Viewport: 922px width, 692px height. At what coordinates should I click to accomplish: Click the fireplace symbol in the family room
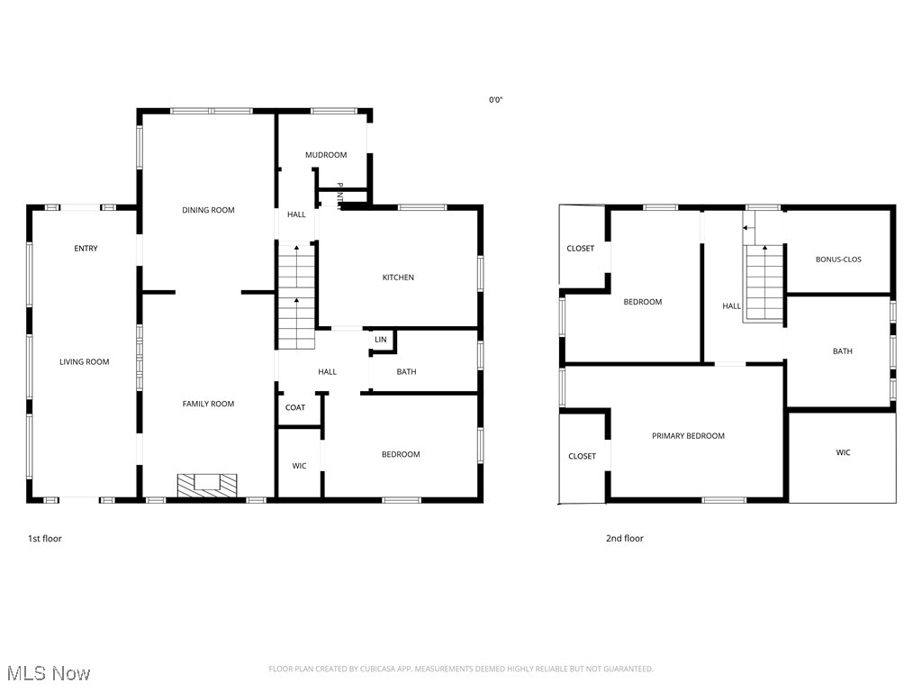coord(207,485)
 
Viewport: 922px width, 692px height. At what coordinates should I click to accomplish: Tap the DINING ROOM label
coord(208,210)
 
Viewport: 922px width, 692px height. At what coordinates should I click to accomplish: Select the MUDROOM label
coord(326,155)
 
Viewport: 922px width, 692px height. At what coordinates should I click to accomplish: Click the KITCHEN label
coord(398,278)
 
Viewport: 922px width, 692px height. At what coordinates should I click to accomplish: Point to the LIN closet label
coord(381,340)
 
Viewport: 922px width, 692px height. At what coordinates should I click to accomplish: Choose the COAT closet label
coord(295,407)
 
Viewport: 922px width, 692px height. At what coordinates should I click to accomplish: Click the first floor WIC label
coord(299,466)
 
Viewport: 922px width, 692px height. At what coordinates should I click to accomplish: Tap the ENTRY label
coord(86,249)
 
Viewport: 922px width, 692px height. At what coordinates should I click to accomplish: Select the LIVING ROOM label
coord(85,362)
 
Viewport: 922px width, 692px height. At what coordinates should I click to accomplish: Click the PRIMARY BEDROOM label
coord(688,436)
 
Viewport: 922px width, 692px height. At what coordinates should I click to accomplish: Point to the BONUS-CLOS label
coord(838,259)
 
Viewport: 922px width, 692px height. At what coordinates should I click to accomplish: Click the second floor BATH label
coord(842,351)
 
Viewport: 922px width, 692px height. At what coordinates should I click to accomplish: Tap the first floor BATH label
coord(406,372)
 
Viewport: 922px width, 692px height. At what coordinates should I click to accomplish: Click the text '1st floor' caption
coord(45,539)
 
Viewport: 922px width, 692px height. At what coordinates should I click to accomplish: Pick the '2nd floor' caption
coord(624,539)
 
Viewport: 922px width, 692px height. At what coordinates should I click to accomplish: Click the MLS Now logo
coord(49,673)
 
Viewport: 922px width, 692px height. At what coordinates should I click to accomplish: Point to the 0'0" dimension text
coord(495,100)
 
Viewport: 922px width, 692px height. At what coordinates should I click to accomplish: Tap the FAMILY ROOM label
coord(208,404)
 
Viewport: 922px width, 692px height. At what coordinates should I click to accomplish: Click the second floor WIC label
coord(843,452)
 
